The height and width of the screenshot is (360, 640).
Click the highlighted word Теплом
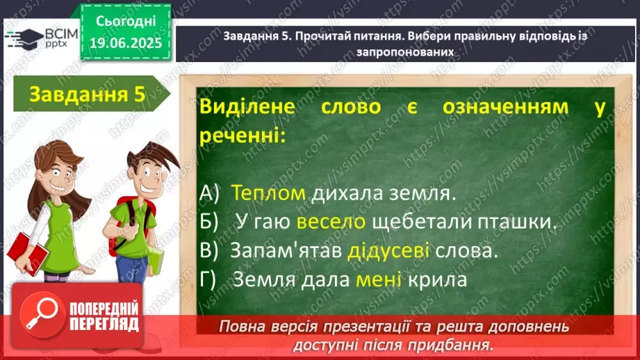pyautogui.click(x=268, y=193)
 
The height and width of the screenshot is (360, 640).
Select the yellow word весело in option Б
pyautogui.click(x=331, y=222)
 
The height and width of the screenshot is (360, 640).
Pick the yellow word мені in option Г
pyautogui.click(x=378, y=279)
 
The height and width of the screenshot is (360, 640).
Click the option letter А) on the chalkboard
pyautogui.click(x=209, y=193)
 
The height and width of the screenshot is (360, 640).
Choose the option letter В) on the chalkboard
pyautogui.click(x=209, y=251)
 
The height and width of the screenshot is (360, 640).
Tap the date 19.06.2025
pyautogui.click(x=126, y=43)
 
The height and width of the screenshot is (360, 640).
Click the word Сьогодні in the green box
pyautogui.click(x=126, y=22)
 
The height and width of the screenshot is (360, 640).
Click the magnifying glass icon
pyautogui.click(x=42, y=314)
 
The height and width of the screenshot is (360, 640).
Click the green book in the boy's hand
pyautogui.click(x=156, y=261)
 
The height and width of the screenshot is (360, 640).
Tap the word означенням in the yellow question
pyautogui.click(x=505, y=107)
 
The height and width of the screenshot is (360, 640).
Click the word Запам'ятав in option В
pyautogui.click(x=286, y=249)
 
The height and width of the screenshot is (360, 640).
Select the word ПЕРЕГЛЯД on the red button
pyautogui.click(x=104, y=325)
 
